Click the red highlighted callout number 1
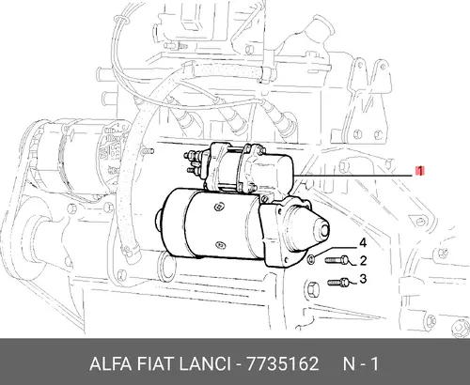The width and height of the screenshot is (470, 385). coord(419,171)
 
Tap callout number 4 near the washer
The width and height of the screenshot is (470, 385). coord(363,242)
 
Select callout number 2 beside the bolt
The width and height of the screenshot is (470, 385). coord(363,260)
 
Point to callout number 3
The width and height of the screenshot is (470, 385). coord(363,278)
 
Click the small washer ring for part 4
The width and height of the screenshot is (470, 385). coord(311,259)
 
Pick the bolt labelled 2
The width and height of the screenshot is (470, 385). coord(337,260)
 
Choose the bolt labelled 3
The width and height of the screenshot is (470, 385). coord(338,283)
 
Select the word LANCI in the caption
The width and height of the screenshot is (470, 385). coord(204,364)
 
